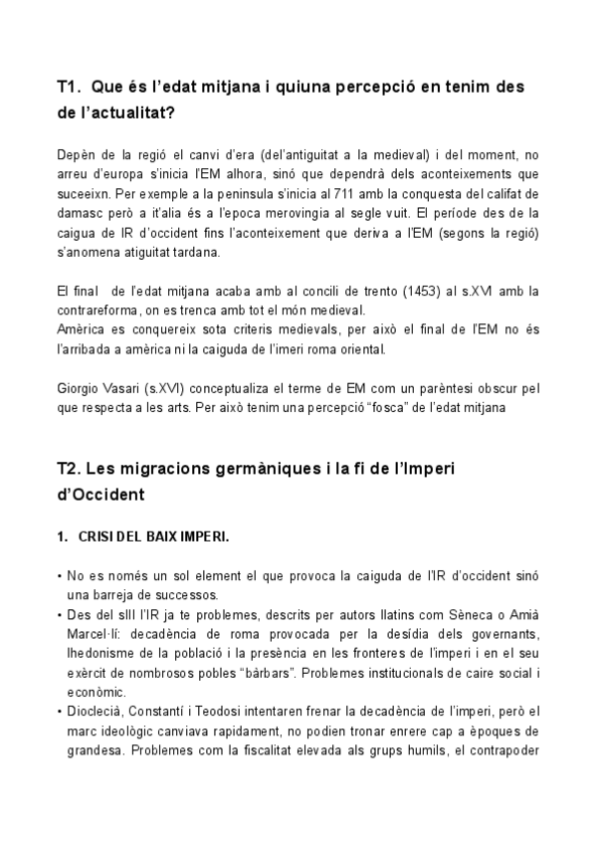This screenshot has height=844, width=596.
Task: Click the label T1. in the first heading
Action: click(x=72, y=88)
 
